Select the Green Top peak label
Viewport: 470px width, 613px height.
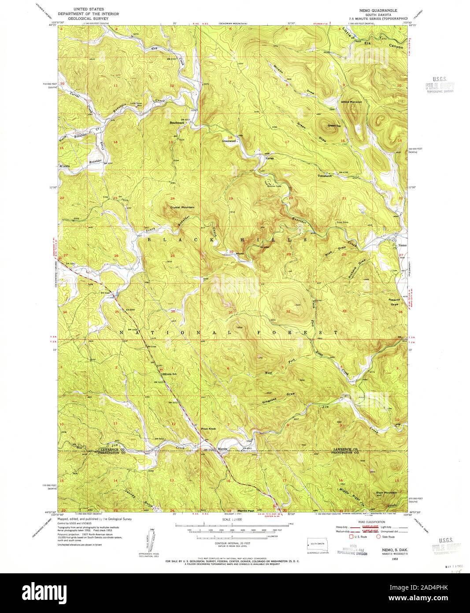[334, 126]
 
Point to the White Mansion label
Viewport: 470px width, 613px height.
[352, 102]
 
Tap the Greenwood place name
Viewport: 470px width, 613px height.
[230, 141]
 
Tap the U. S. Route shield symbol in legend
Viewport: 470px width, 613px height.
[351, 537]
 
